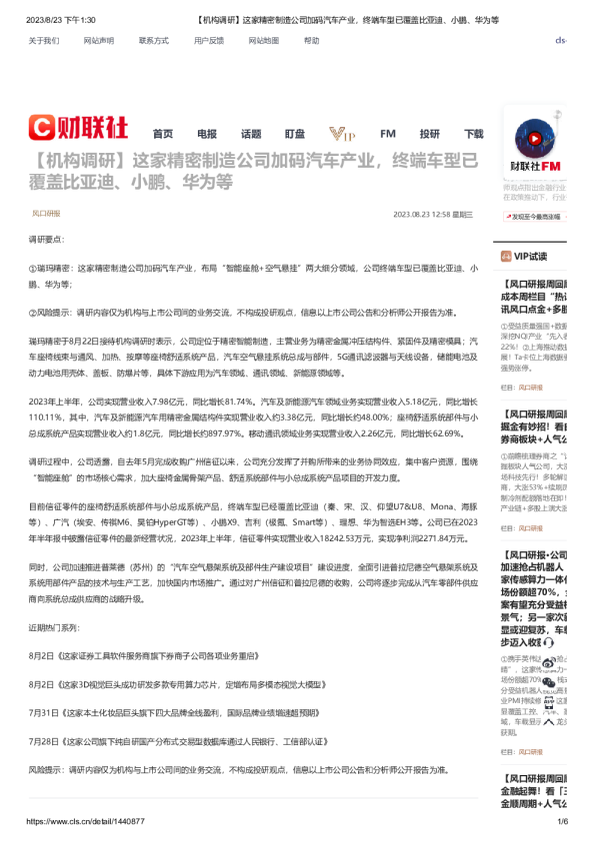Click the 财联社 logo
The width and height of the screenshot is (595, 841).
(x=78, y=127)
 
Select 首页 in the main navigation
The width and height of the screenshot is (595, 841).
(x=163, y=134)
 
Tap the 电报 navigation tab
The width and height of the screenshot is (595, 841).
(x=207, y=134)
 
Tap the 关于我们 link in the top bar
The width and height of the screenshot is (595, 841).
(x=44, y=41)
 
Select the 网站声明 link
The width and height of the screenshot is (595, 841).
(x=99, y=41)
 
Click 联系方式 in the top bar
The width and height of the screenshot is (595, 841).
(x=154, y=41)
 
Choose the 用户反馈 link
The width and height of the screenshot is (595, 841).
(x=209, y=41)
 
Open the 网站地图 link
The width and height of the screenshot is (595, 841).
(x=264, y=41)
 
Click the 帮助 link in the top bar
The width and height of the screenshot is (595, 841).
(x=312, y=41)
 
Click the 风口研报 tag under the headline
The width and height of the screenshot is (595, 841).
(x=46, y=214)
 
